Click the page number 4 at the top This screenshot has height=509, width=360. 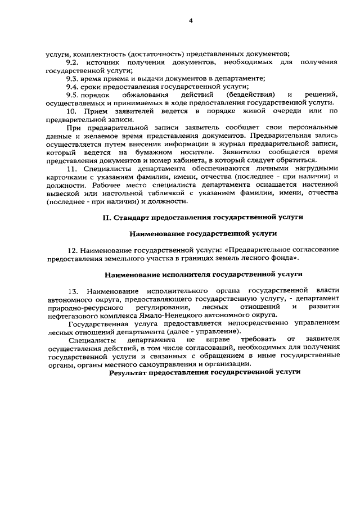coord(190,21)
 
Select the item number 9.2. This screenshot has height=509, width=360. coord(74,61)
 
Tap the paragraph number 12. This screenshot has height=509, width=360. coord(73,250)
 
